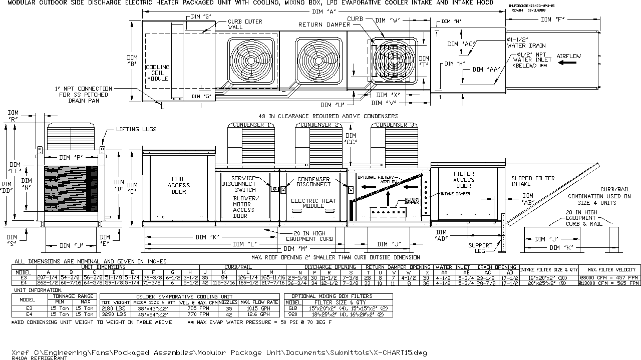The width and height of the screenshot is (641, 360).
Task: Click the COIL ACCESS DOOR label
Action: tap(179, 185)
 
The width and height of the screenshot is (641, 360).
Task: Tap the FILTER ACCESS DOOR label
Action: tap(464, 180)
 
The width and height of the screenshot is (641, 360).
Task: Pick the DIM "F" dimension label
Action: tap(553, 19)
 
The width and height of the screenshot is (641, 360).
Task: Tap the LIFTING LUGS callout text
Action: tap(136, 129)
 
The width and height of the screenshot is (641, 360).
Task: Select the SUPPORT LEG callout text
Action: tap(480, 248)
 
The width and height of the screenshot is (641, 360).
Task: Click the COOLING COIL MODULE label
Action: tap(157, 73)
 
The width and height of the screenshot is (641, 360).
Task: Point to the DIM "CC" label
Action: tap(351, 139)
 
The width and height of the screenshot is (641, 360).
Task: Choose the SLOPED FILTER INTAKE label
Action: tap(533, 181)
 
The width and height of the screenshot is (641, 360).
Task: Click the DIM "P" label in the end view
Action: tap(71, 157)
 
